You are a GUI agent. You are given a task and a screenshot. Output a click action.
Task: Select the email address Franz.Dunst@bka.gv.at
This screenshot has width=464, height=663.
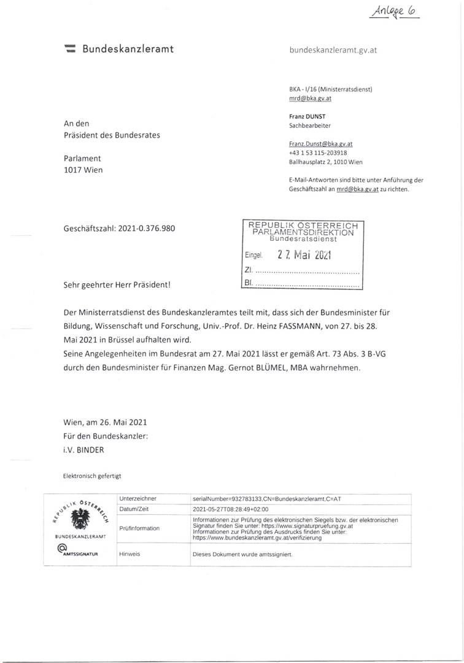(320, 144)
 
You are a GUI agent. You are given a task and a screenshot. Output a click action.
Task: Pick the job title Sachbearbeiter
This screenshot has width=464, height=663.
(310, 125)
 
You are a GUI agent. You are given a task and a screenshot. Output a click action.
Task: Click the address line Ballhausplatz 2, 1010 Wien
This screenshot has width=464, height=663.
(325, 162)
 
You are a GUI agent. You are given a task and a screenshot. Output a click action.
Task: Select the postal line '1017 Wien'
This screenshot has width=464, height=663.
(83, 170)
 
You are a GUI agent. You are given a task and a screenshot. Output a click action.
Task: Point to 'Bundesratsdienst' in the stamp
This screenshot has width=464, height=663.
(303, 240)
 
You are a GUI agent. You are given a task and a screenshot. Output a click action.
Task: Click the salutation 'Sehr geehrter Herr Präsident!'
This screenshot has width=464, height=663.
(117, 285)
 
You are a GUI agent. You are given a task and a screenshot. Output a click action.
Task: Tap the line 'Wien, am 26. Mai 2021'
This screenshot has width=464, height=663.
(105, 423)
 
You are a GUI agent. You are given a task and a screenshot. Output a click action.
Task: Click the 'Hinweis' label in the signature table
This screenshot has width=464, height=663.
(130, 554)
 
